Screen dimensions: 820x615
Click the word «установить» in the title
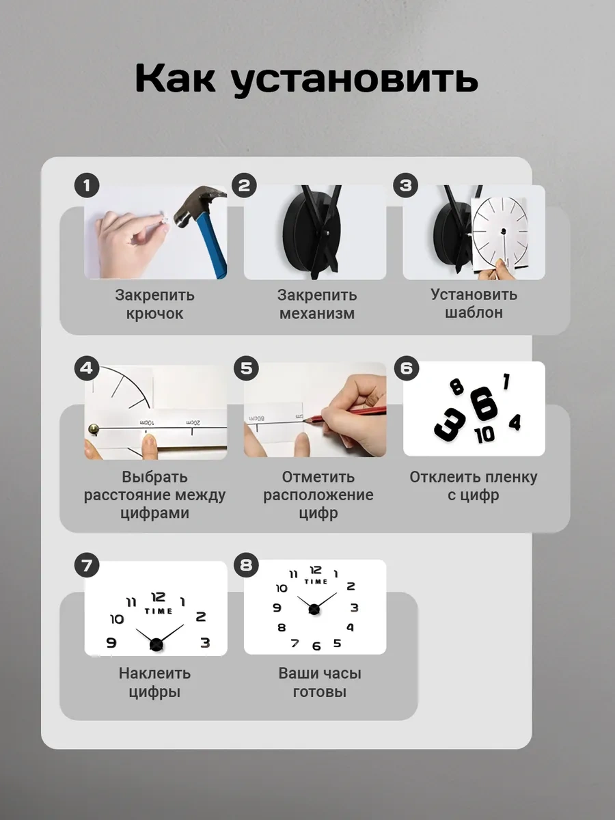[354, 80]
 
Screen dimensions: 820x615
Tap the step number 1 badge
[87, 185]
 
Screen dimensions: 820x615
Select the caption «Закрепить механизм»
[316, 305]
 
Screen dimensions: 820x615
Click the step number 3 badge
[406, 185]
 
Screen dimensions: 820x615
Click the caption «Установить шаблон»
[474, 303]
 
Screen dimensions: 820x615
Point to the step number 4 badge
[87, 368]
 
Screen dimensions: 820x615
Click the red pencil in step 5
[355, 414]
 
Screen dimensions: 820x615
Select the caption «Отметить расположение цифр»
[318, 495]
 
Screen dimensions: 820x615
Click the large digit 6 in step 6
[483, 403]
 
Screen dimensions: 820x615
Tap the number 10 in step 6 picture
[484, 435]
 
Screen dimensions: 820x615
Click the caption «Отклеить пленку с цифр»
[474, 486]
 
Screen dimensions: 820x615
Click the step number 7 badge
[87, 566]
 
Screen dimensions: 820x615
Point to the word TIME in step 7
[158, 611]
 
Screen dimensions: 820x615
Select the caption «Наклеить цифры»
[154, 683]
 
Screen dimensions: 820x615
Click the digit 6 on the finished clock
[316, 646]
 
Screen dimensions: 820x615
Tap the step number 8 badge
[246, 565]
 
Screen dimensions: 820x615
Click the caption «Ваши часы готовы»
[319, 683]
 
